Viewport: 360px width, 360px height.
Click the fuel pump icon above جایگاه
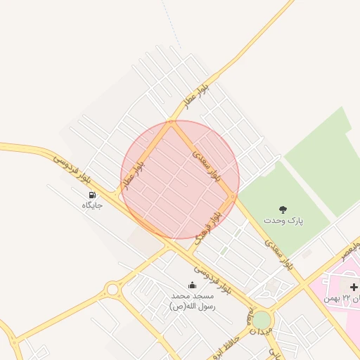click(92, 195)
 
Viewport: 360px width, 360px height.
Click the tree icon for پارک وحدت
click(283, 210)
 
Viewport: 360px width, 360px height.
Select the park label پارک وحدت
click(283, 220)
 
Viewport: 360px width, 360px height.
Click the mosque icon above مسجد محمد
click(193, 285)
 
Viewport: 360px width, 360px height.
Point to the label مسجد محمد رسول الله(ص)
click(193, 301)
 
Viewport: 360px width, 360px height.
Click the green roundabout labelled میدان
click(262, 320)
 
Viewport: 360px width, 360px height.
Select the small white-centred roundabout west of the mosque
click(112, 288)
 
